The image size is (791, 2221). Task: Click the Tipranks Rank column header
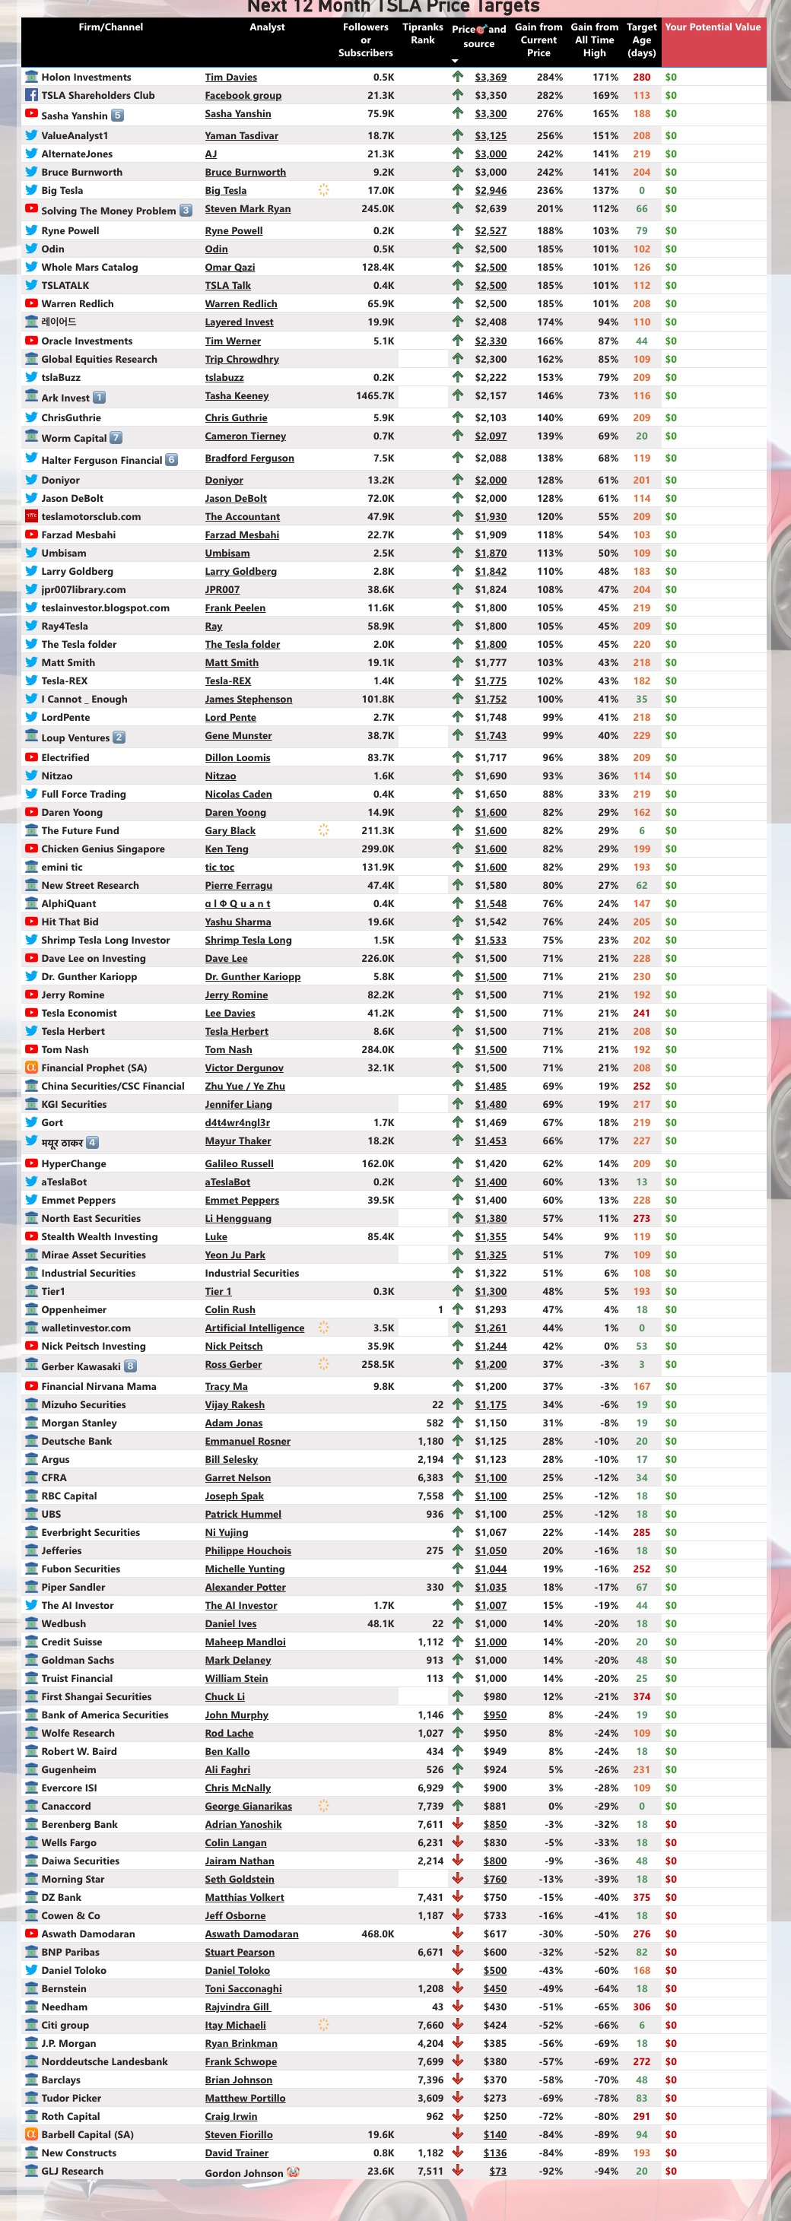coord(423,33)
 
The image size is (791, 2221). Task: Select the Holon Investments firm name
coord(86,78)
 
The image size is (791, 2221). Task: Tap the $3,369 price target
coord(490,78)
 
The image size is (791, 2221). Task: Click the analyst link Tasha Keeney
coord(237,395)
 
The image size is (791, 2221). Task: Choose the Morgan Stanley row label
coord(78,1423)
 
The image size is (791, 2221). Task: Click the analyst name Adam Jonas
coord(233,1423)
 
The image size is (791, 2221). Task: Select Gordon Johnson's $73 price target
coord(497,2171)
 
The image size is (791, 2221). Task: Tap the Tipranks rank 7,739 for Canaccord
coord(430,1805)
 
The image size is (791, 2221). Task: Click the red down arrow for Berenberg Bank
coord(458,1823)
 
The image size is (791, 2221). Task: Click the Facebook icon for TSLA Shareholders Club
coord(31,96)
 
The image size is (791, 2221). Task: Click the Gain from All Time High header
coord(594,40)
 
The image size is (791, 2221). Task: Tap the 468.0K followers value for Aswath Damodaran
coord(378,1934)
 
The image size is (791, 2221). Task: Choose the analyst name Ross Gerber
coord(233,1364)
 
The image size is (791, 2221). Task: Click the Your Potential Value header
coord(713,27)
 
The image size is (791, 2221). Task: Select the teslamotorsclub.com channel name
coord(91,516)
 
